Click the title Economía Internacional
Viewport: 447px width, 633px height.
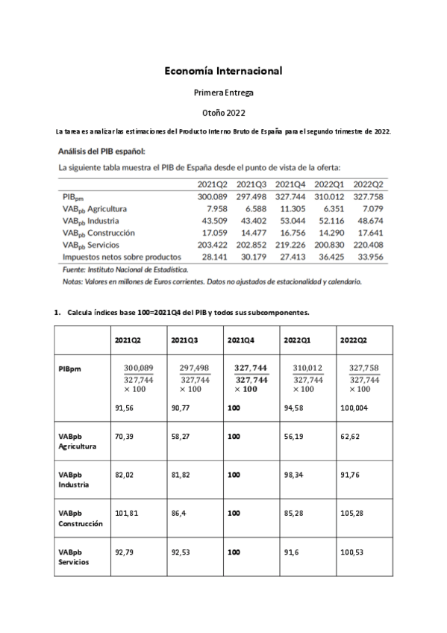point(223,71)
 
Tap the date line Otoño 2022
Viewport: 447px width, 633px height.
point(223,112)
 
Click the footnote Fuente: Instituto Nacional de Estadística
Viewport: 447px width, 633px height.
point(125,269)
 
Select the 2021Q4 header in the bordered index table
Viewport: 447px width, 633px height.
point(238,340)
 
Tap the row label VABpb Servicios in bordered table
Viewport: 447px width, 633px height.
point(72,557)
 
